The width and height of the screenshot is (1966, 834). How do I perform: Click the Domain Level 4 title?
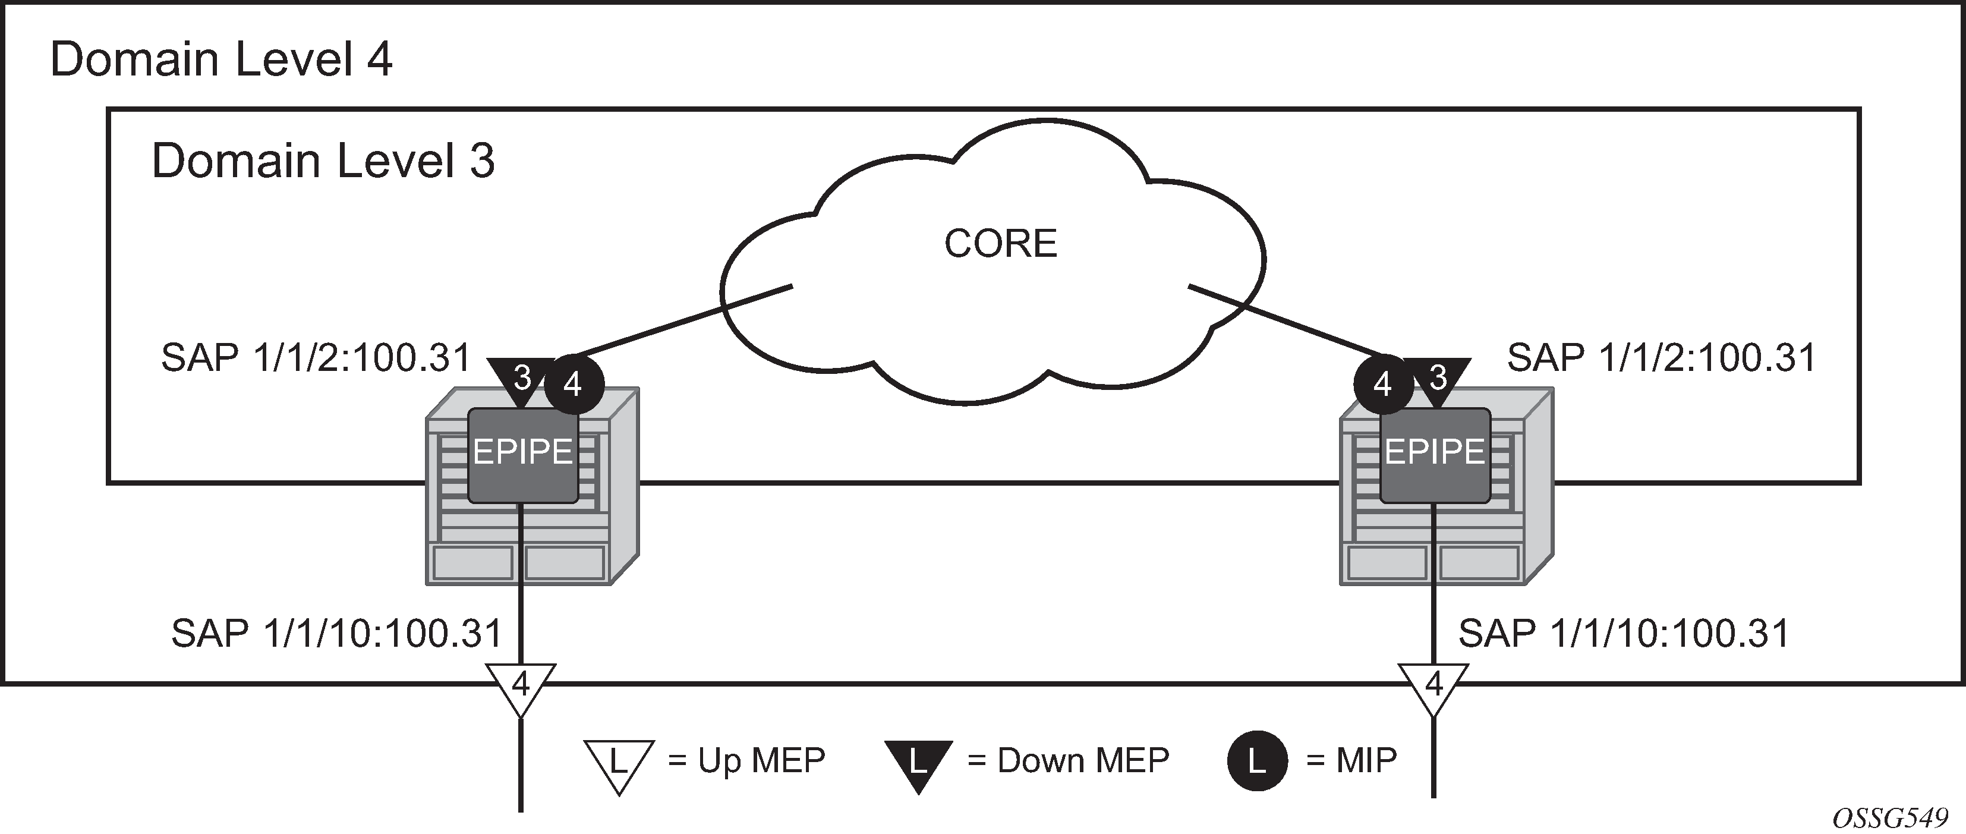[221, 59]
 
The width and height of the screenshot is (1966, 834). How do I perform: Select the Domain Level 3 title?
[323, 161]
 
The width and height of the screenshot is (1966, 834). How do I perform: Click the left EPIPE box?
[523, 455]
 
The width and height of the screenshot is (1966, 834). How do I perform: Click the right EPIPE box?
[1435, 455]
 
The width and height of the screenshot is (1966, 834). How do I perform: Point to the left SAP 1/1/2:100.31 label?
[316, 358]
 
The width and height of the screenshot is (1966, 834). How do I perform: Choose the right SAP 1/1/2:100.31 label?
[1662, 358]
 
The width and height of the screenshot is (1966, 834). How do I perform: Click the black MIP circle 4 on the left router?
[574, 384]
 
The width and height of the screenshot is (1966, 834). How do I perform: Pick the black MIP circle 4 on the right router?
[1383, 384]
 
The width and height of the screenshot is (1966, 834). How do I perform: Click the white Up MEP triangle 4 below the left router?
[521, 687]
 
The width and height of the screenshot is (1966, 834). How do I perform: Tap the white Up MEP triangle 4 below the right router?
[1434, 687]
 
